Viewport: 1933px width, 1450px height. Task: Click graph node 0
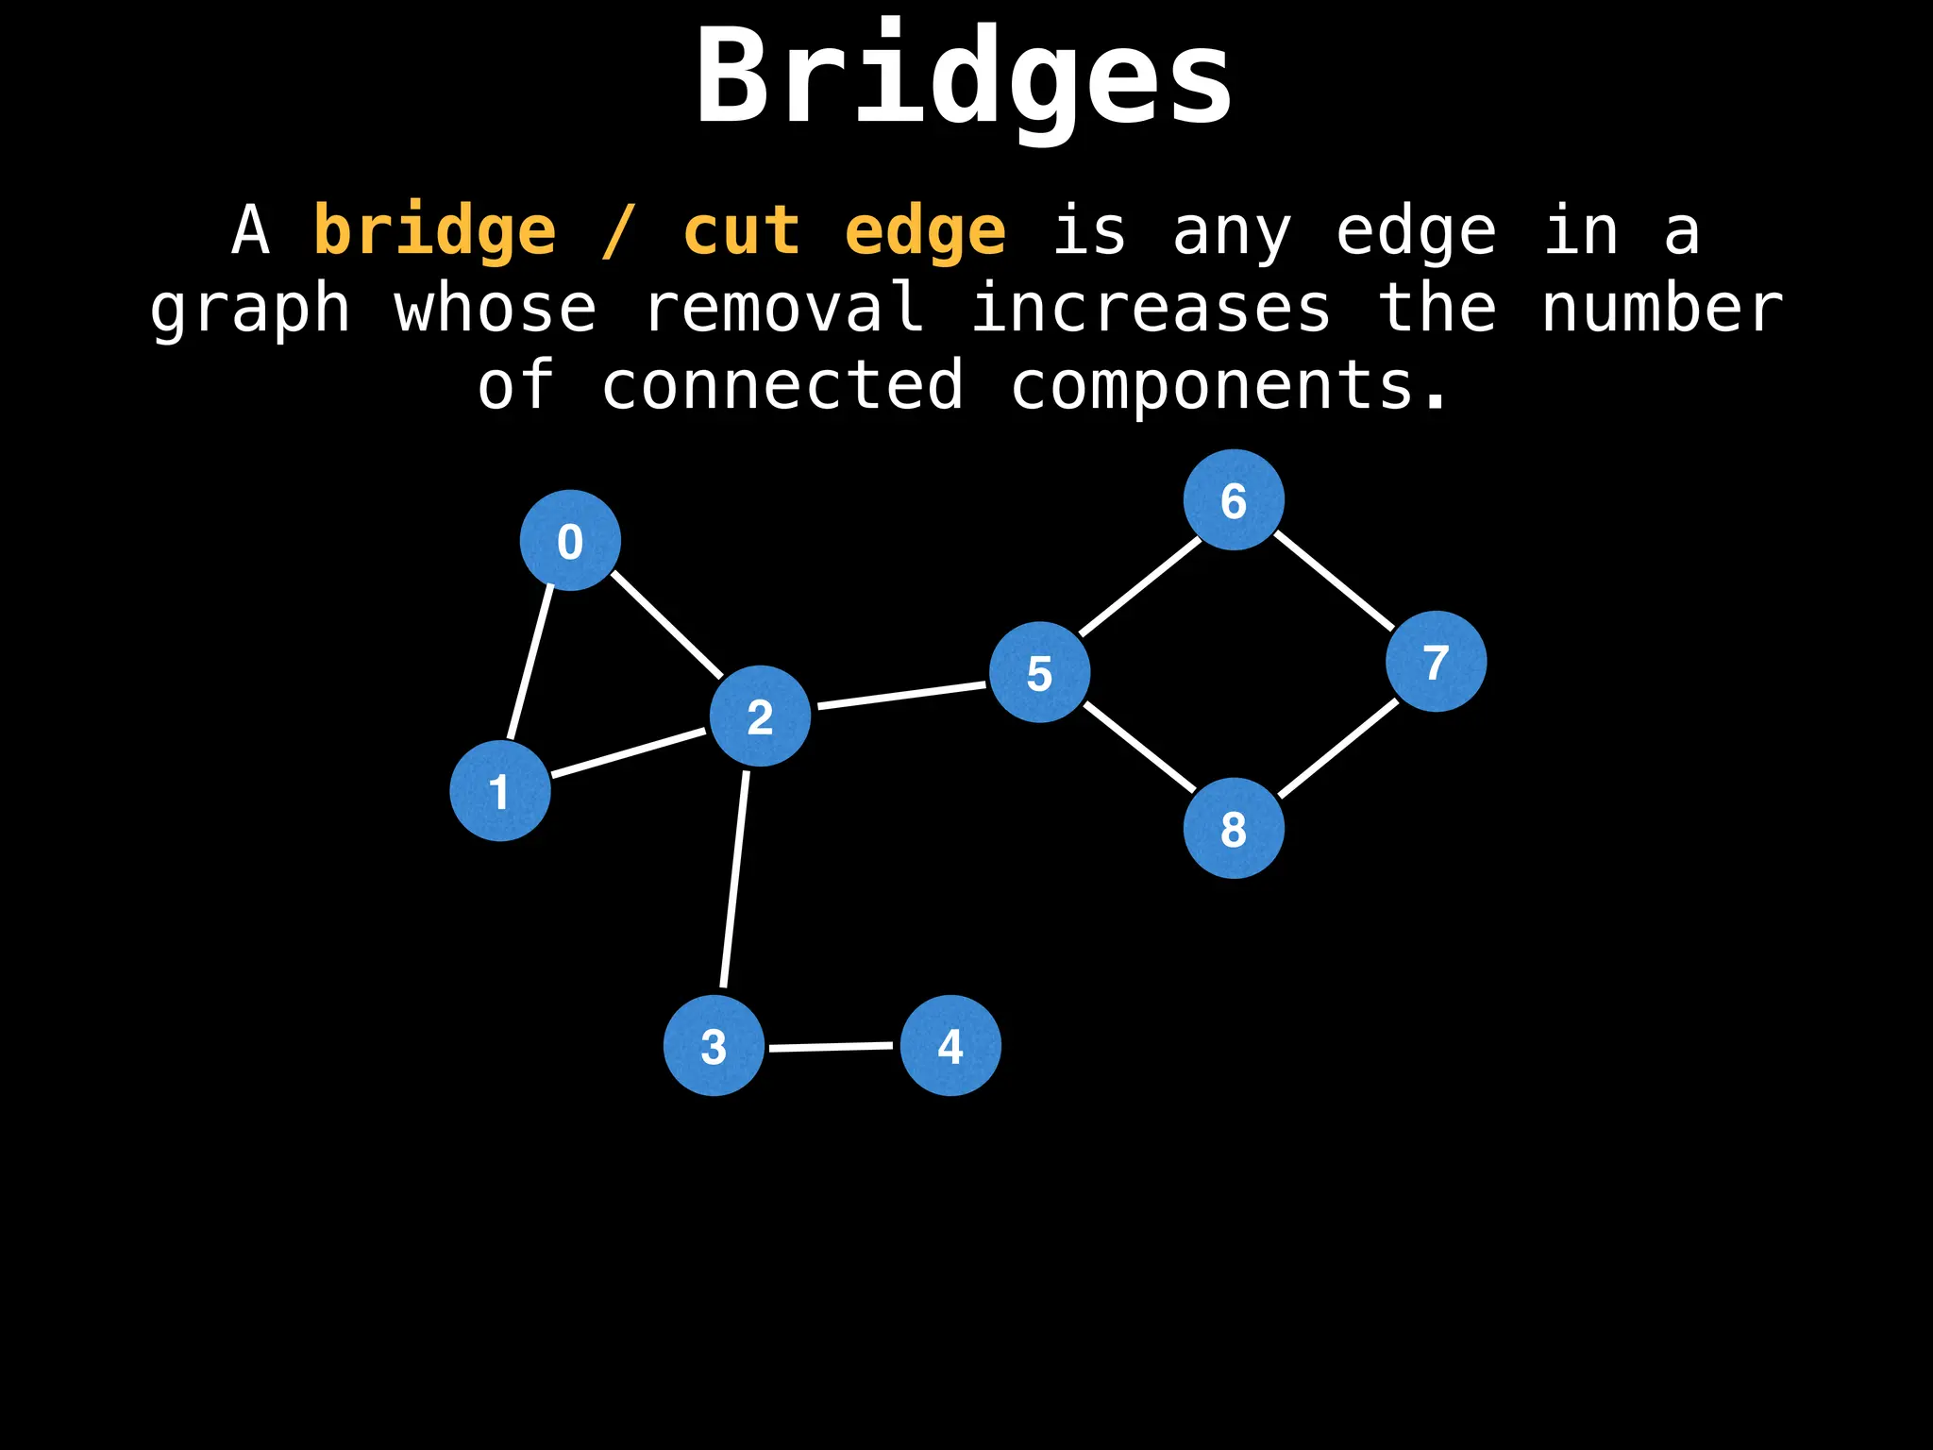point(570,541)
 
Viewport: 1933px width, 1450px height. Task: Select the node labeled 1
point(500,791)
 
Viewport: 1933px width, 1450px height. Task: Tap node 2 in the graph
point(760,717)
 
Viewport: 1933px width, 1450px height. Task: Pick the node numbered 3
point(714,1046)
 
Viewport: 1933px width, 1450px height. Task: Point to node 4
point(950,1046)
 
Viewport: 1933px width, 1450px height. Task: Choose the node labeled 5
point(1039,672)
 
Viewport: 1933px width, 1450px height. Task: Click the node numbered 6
point(1234,500)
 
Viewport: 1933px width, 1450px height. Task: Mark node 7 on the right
point(1436,662)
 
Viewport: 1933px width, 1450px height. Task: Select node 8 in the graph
point(1234,829)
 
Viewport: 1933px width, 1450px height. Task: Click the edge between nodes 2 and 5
point(900,695)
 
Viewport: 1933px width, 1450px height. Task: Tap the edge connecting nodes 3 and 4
point(831,1047)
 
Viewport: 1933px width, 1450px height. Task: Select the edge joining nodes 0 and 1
point(530,661)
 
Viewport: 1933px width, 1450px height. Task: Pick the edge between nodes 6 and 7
point(1335,582)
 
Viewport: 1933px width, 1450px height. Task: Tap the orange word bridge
point(434,232)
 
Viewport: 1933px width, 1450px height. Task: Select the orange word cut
point(742,232)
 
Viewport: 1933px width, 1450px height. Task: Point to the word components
point(1229,387)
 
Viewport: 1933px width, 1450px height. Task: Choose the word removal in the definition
point(783,310)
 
